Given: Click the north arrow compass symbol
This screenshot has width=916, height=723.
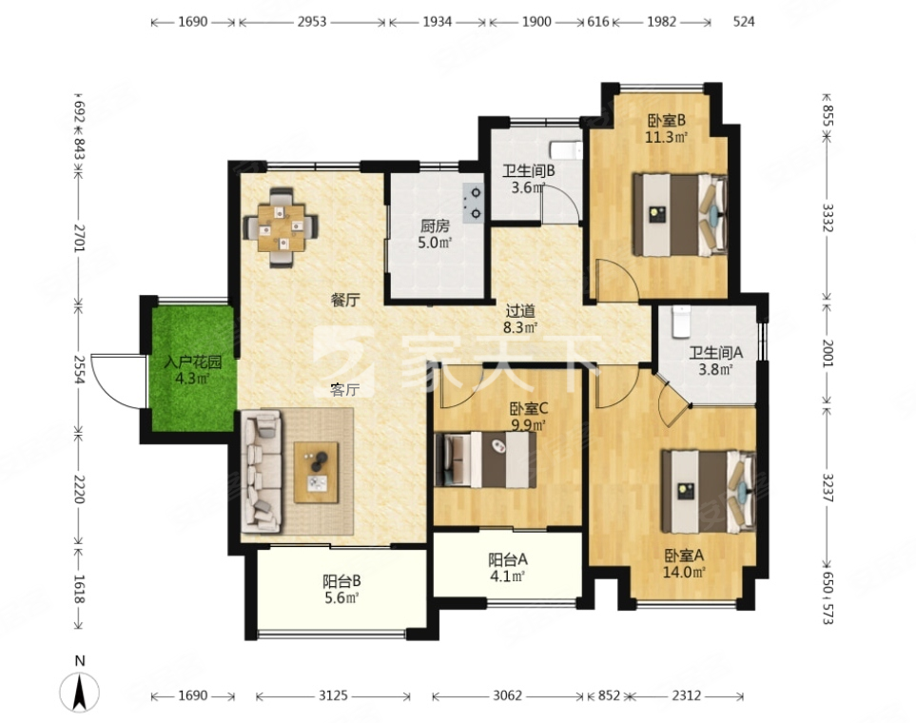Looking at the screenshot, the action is click(x=80, y=692).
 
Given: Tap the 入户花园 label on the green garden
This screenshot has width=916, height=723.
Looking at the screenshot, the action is click(x=193, y=362).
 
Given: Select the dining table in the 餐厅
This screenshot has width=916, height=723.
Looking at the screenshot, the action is click(x=282, y=227).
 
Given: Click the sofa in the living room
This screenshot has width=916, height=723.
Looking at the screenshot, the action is click(x=262, y=471).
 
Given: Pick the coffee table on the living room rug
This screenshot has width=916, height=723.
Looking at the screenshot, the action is click(x=316, y=472).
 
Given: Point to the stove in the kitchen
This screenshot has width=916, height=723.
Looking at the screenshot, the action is click(x=473, y=204).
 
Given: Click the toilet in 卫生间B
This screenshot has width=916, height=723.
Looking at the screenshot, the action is click(x=566, y=150).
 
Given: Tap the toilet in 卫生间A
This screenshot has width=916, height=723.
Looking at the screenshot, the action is click(x=681, y=322).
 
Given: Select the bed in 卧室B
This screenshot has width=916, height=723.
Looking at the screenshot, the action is click(x=680, y=214).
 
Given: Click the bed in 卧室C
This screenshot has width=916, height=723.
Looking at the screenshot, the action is click(x=485, y=459).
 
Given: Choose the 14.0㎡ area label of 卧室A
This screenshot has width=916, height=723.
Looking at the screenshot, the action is click(x=684, y=572).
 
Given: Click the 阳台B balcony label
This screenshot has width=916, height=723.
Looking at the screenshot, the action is click(x=341, y=581).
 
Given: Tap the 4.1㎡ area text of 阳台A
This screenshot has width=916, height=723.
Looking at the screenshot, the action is click(x=508, y=576).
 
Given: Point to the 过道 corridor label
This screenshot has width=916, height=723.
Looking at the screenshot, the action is click(x=520, y=311).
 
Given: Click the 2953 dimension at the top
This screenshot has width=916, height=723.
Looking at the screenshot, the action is click(x=312, y=22).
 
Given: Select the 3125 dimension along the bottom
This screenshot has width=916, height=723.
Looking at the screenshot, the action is click(x=333, y=695).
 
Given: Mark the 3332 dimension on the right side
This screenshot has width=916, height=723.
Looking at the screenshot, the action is click(x=828, y=218).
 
